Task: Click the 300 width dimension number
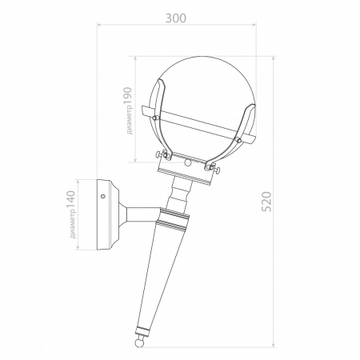click(177, 18)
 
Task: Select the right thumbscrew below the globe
click(214, 167)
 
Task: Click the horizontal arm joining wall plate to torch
click(141, 214)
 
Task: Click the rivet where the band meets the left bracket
click(154, 117)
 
